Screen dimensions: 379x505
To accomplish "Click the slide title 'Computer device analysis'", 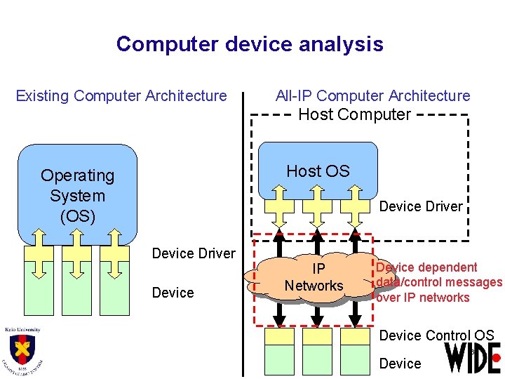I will (x=250, y=44).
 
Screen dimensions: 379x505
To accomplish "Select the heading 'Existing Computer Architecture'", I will (x=121, y=95).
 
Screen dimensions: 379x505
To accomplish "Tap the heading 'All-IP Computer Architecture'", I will (x=373, y=95).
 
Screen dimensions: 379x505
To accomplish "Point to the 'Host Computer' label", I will (x=355, y=114).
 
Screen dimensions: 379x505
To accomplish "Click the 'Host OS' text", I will (x=318, y=171).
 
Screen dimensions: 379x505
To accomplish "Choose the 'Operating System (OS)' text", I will (x=77, y=196).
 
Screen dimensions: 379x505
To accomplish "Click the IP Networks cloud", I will (x=314, y=278).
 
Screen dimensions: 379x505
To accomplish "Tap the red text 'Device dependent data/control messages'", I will (x=438, y=282).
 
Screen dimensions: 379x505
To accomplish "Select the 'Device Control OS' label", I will (x=436, y=335).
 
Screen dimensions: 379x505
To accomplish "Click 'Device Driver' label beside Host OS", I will (x=421, y=206).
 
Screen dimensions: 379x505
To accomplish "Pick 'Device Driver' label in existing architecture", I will (x=194, y=253).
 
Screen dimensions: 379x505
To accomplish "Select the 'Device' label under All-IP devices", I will (x=400, y=364).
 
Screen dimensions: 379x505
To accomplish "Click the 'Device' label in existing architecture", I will (x=173, y=293).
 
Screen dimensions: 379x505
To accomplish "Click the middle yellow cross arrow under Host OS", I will (x=318, y=204).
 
